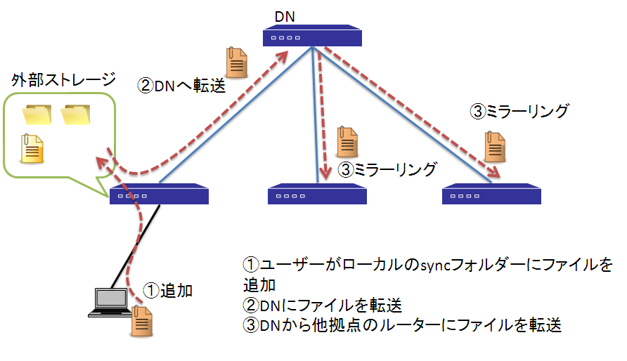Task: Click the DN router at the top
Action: pos(313,37)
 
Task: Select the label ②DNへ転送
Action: pos(182,86)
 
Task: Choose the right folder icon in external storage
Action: pos(75,115)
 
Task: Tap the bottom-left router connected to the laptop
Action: pos(160,195)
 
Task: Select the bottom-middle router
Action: pos(318,195)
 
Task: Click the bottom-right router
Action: pos(491,195)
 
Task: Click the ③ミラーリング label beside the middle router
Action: pos(388,169)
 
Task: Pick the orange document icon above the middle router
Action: pos(346,142)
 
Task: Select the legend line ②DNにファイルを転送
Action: pos(322,306)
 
